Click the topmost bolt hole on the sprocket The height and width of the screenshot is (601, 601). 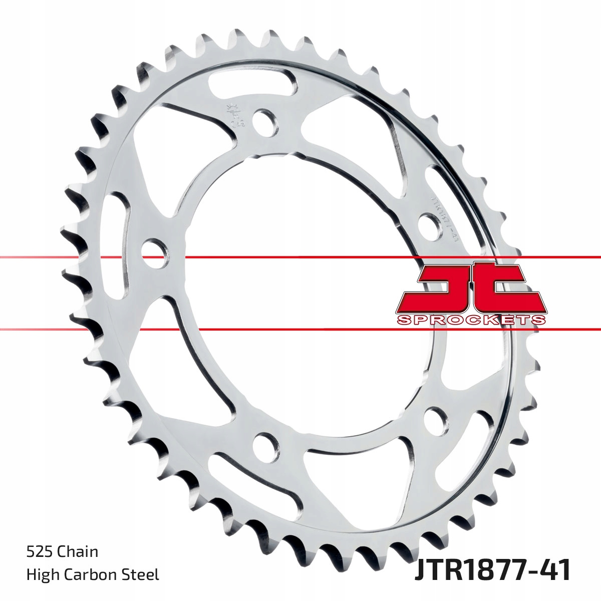tap(264, 122)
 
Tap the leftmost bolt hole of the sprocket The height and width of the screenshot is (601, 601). tap(154, 249)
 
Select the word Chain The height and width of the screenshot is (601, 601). tap(78, 552)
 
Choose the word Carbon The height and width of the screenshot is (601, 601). tap(91, 574)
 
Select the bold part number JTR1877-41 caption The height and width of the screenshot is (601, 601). tap(492, 572)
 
